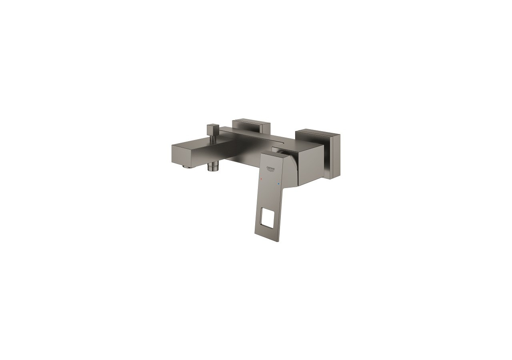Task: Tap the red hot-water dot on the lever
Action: [261, 181]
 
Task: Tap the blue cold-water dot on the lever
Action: [278, 184]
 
